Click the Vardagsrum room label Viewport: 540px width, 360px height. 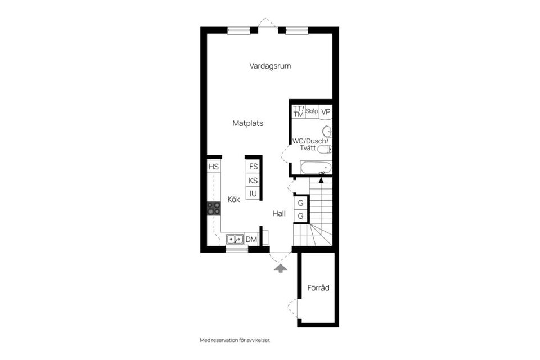pyautogui.click(x=270, y=66)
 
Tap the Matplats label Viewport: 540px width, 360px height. pyautogui.click(x=248, y=123)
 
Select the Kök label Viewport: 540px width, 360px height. pyautogui.click(x=234, y=199)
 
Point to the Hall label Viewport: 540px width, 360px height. pyautogui.click(x=280, y=214)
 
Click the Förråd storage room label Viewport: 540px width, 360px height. pyautogui.click(x=318, y=288)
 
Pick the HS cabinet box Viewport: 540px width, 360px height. pyautogui.click(x=213, y=166)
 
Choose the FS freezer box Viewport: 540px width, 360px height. pyautogui.click(x=253, y=166)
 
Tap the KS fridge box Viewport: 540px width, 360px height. pyautogui.click(x=253, y=181)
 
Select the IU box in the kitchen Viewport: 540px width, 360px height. pyautogui.click(x=253, y=194)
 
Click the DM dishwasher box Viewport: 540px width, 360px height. pyautogui.click(x=251, y=240)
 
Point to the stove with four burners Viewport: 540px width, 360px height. pyautogui.click(x=214, y=209)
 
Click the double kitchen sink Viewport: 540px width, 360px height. pyautogui.click(x=235, y=240)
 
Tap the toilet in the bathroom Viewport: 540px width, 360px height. pyautogui.click(x=325, y=149)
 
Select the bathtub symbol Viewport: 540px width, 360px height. pyautogui.click(x=316, y=167)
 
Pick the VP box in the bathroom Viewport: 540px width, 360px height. pyautogui.click(x=326, y=111)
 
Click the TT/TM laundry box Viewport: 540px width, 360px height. pyautogui.click(x=298, y=111)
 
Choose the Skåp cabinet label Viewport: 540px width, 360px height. pyautogui.click(x=312, y=111)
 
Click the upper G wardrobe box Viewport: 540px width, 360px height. pyautogui.click(x=301, y=202)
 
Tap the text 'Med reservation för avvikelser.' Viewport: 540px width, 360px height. pyautogui.click(x=239, y=340)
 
